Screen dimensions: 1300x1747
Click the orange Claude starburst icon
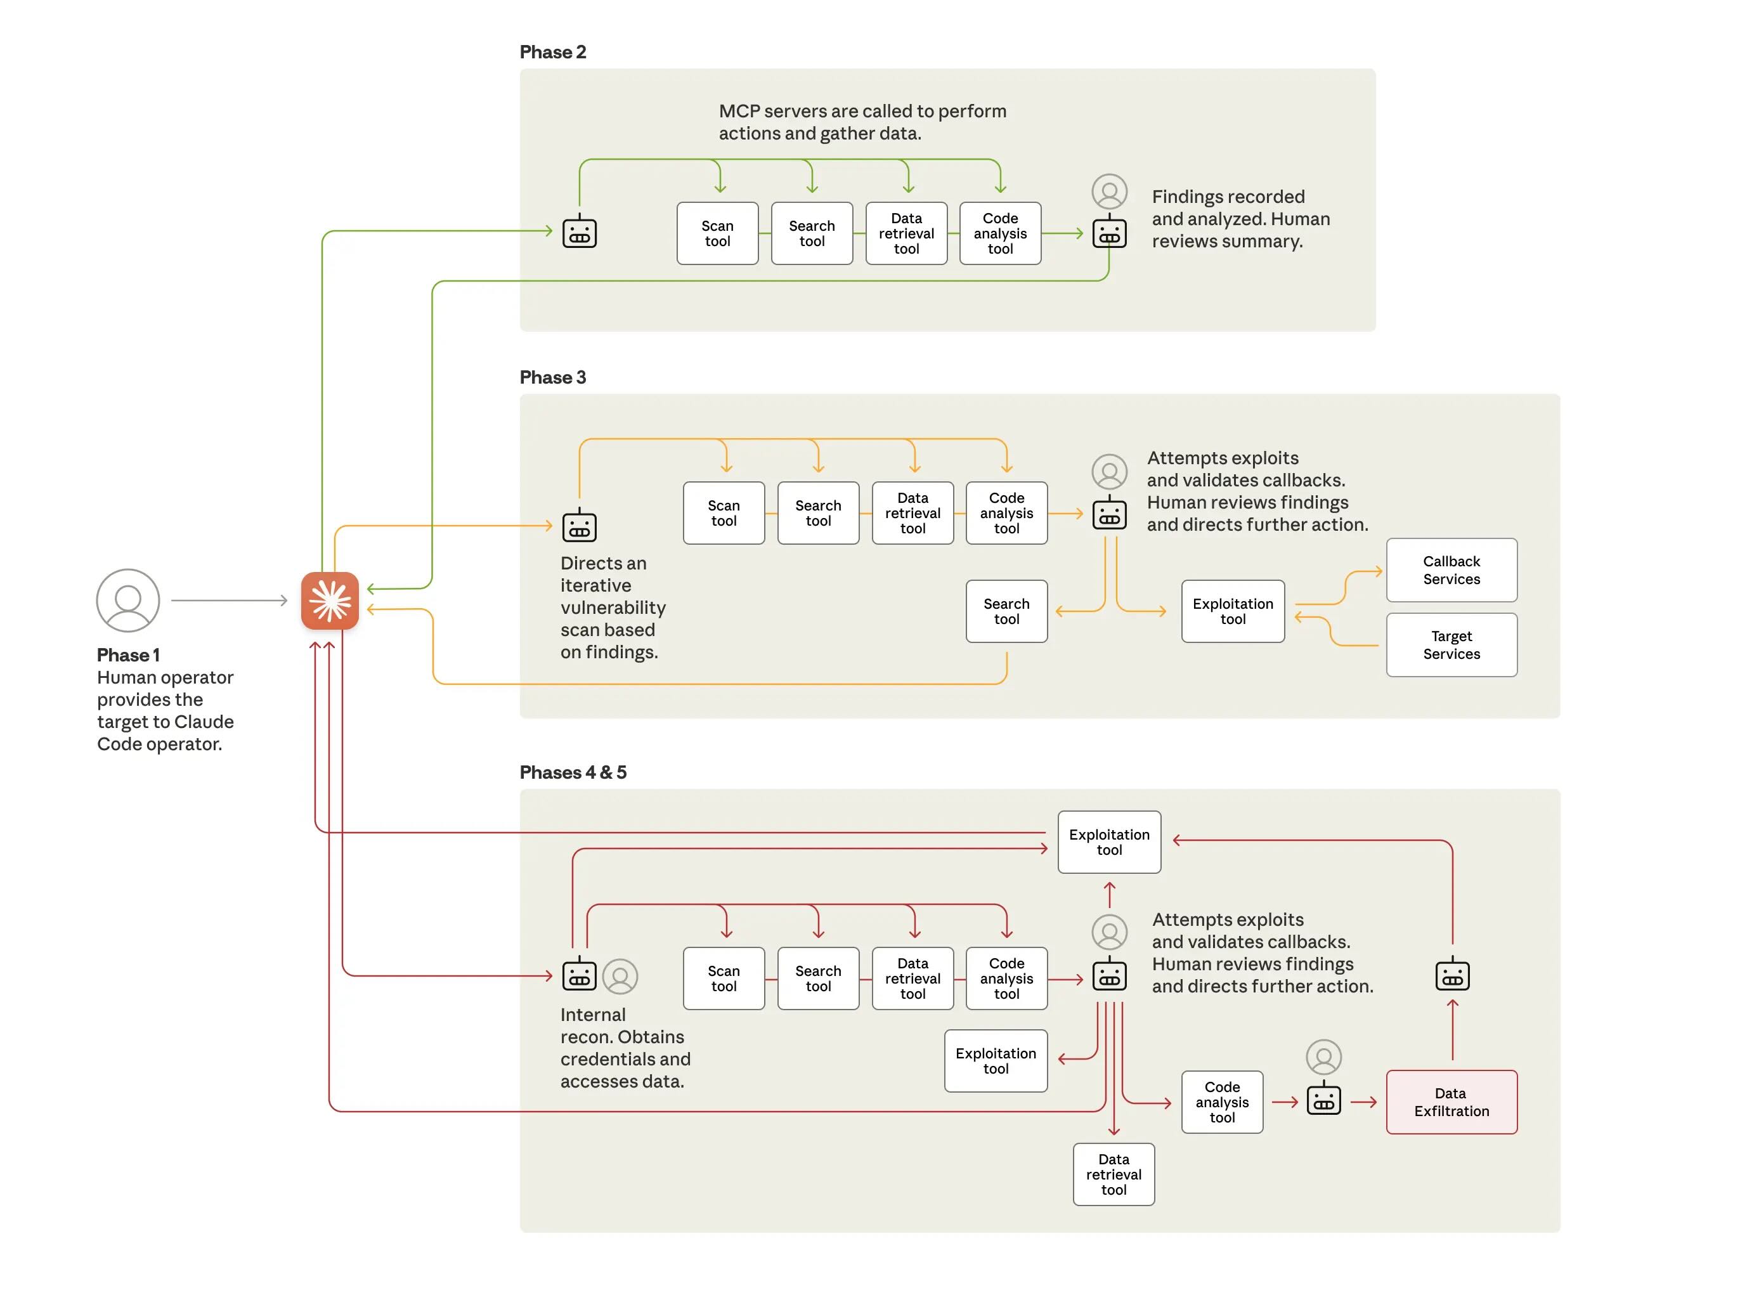(330, 601)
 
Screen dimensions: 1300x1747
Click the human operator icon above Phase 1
(127, 601)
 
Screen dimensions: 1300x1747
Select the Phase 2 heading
(552, 52)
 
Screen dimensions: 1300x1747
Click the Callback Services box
(1450, 569)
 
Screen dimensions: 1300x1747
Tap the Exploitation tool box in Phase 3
(1231, 611)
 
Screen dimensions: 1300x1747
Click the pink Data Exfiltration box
(1450, 1102)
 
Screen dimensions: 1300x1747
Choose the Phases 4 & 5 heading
(573, 772)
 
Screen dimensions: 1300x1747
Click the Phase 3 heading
(552, 377)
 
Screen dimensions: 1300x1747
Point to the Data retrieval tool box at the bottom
(1113, 1174)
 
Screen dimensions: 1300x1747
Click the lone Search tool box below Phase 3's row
(1006, 611)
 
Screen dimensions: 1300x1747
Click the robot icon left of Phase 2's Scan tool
(579, 232)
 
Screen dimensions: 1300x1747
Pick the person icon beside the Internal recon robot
(620, 977)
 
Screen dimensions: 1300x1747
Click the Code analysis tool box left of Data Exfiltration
(1221, 1102)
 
